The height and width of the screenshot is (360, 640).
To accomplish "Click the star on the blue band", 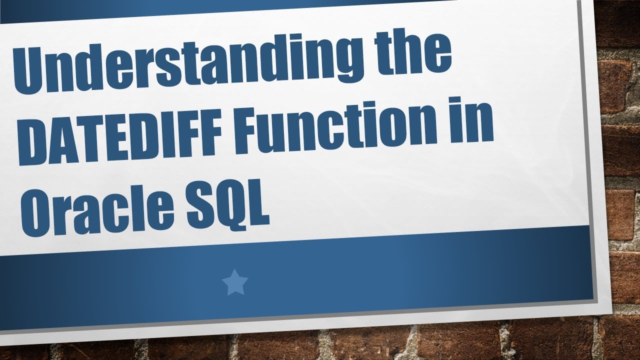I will point(234,283).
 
